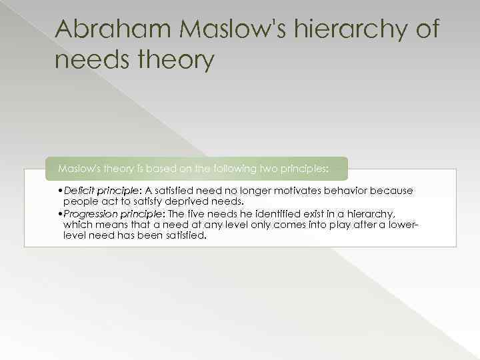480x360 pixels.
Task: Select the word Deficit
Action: tap(78, 191)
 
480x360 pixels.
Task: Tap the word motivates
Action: tap(305, 191)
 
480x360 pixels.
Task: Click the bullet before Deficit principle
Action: tap(61, 191)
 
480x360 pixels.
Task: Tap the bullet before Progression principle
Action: tap(61, 214)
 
